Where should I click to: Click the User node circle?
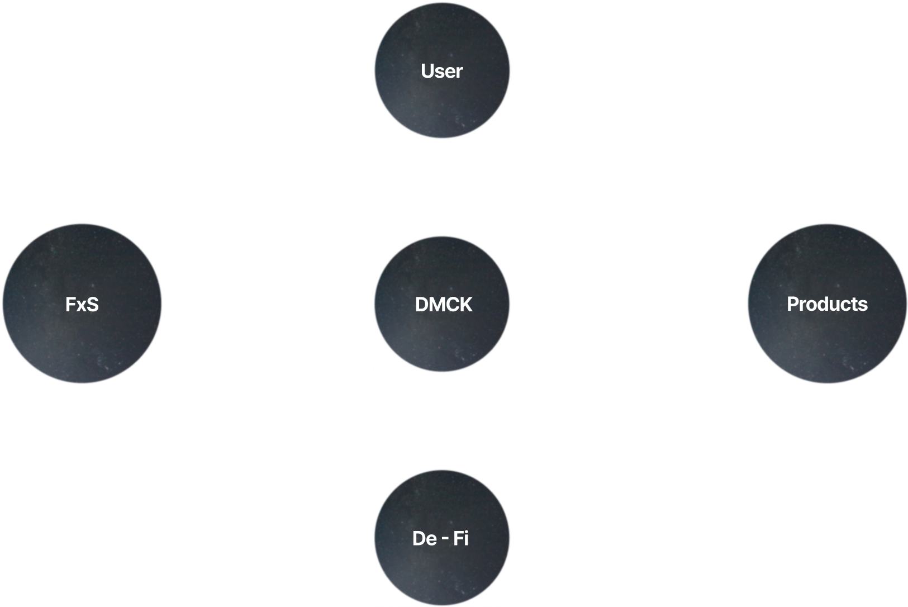442,71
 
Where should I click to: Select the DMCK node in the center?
442,304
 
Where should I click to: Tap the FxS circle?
82,304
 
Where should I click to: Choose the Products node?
826,304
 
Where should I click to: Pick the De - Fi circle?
442,538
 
